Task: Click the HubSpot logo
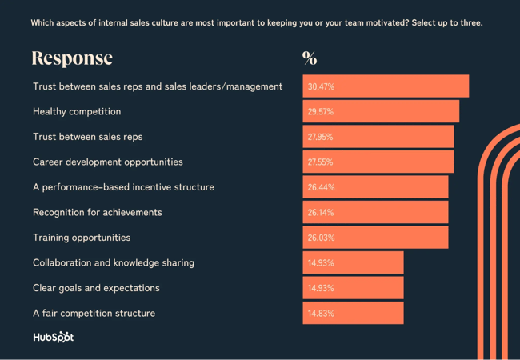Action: (53, 337)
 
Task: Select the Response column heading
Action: (72, 58)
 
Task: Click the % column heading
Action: (310, 58)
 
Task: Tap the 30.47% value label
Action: (321, 86)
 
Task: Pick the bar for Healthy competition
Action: (381, 111)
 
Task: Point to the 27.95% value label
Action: (321, 137)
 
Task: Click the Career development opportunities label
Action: (107, 162)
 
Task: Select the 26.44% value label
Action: (321, 187)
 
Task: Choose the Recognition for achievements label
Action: (97, 212)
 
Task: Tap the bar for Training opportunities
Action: (375, 238)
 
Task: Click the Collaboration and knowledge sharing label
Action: (113, 262)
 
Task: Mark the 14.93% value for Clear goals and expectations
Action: (321, 288)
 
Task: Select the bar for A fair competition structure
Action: (353, 313)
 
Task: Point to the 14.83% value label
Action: (321, 313)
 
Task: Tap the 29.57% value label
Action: (321, 111)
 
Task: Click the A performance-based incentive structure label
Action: (123, 187)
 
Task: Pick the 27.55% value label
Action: (321, 162)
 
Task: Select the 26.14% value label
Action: (321, 212)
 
